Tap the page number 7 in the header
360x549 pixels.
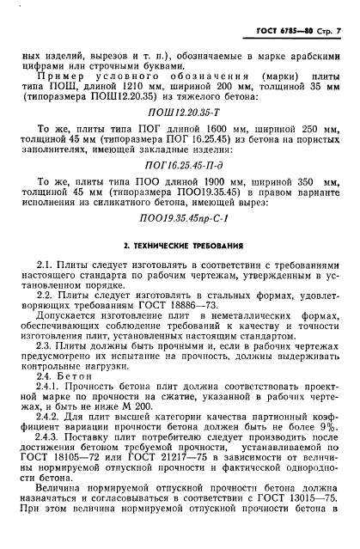pos(340,33)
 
